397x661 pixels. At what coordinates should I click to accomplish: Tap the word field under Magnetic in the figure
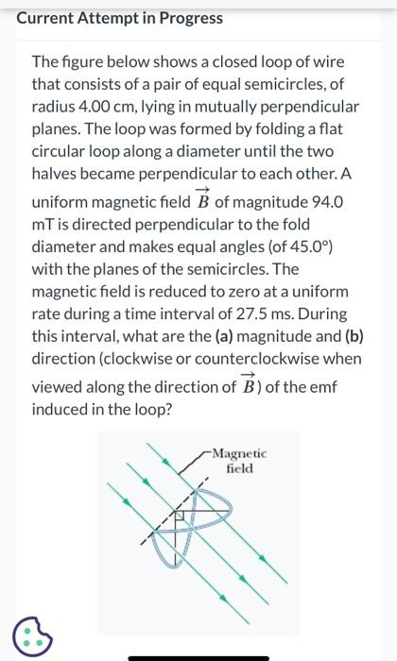click(x=240, y=468)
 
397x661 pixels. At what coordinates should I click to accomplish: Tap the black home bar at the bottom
click(x=198, y=655)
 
